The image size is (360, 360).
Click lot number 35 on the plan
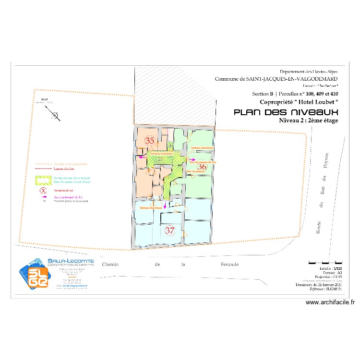[x=150, y=141]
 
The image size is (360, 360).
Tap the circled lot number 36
[x=202, y=167]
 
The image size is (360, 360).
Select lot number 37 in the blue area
[x=169, y=230]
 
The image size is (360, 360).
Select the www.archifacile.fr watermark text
[x=330, y=302]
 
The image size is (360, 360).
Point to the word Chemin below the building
[x=110, y=264]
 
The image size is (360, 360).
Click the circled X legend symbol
[x=43, y=191]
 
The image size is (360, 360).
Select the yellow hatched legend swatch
[x=43, y=180]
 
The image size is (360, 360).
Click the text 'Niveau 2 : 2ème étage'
[x=309, y=120]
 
